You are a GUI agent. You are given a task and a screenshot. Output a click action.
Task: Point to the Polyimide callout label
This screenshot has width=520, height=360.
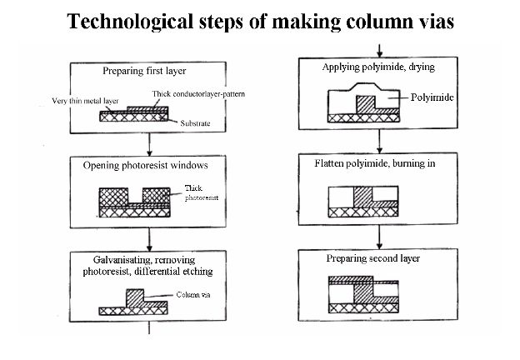click(430, 97)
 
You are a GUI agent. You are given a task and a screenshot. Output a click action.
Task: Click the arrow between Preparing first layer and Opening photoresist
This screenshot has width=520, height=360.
click(148, 143)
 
